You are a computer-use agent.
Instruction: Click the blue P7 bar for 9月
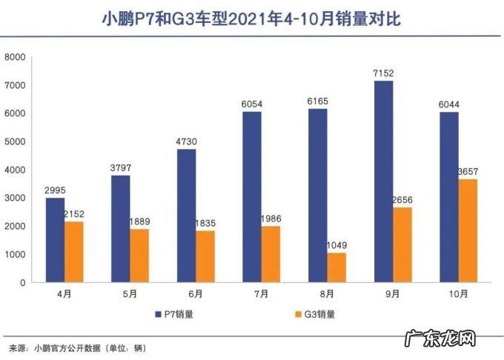coord(383,181)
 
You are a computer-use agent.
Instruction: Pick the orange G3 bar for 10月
coord(467,230)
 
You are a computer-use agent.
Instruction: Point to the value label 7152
coord(384,73)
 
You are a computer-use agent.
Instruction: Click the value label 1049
coord(338,245)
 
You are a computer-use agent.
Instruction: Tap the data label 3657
coord(468,172)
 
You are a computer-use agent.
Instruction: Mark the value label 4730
coord(187,141)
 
